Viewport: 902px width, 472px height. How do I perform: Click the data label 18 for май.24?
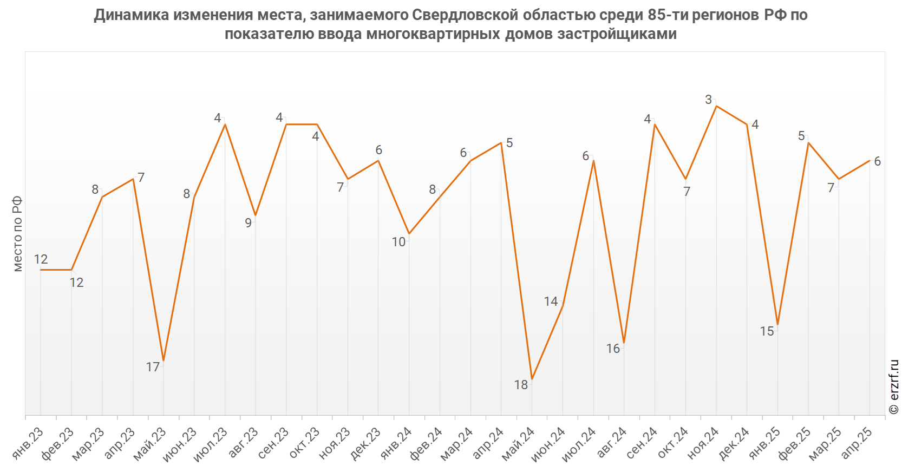point(521,385)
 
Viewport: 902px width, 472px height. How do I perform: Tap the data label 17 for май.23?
point(153,367)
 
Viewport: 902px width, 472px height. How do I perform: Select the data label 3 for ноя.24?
point(708,100)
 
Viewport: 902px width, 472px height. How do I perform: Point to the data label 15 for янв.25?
point(767,331)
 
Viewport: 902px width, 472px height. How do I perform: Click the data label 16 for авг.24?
point(613,349)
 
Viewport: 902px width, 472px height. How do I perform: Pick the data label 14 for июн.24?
point(551,301)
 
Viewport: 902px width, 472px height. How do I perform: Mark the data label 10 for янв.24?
point(398,242)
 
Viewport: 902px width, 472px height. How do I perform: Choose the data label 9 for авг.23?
point(248,222)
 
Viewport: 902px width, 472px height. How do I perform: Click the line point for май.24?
point(532,379)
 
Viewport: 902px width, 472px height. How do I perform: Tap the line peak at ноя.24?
point(716,106)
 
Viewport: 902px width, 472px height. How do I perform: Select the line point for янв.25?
point(777,324)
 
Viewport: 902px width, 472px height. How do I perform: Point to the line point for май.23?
point(164,360)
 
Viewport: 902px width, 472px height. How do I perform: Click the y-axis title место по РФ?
point(17,233)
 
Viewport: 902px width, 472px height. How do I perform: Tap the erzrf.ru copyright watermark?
point(894,386)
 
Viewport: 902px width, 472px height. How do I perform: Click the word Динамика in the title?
point(131,15)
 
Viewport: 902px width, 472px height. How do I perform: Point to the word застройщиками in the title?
point(617,34)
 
